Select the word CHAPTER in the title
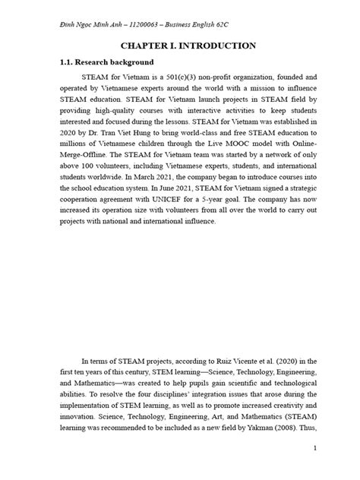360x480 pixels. coord(134,46)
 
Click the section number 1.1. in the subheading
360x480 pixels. coord(61,62)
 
